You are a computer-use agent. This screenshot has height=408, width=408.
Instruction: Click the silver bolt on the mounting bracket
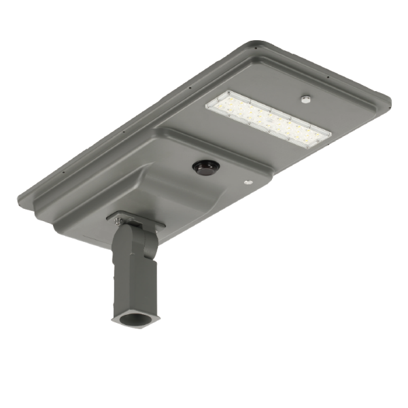119,220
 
